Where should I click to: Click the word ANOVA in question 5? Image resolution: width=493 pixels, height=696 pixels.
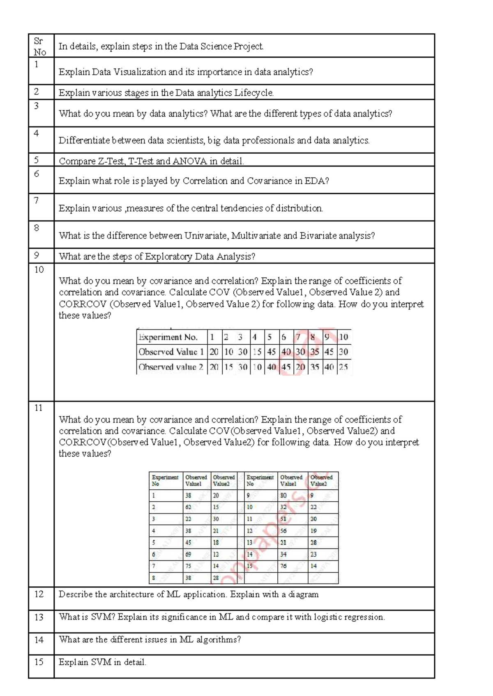189,161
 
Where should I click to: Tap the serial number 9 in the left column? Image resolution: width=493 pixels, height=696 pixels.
37,256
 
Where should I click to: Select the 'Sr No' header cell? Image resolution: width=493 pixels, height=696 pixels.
40,46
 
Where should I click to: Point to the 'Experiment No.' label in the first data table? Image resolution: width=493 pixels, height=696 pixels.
168,337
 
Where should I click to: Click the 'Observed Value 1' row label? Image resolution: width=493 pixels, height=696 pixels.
171,352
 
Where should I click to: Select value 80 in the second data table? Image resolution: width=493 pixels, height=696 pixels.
283,495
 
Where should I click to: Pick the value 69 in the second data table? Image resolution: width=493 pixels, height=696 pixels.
188,554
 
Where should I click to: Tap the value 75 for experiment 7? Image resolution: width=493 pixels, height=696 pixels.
188,566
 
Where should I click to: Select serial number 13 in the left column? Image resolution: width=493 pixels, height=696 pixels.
39,617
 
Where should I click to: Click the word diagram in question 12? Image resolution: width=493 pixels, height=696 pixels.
303,594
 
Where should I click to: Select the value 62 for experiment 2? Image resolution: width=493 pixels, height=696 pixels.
188,507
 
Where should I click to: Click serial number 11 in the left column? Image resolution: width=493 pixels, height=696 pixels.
38,408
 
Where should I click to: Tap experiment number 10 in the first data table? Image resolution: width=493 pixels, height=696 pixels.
343,337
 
